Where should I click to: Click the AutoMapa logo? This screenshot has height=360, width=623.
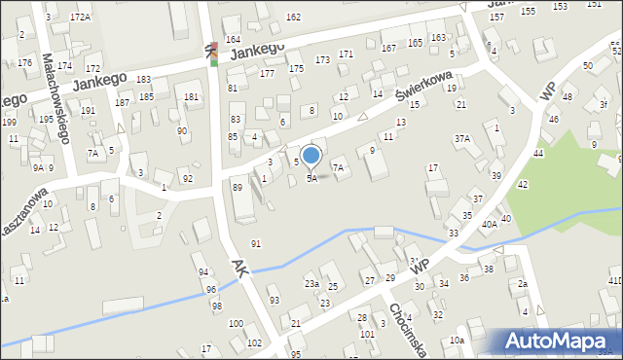tap(560, 341)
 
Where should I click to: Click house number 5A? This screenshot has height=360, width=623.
tap(311, 178)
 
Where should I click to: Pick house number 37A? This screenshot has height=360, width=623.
tap(461, 139)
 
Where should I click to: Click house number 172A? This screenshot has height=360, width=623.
tap(80, 18)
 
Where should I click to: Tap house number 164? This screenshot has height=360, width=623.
tap(233, 39)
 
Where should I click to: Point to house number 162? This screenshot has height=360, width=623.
tap(293, 18)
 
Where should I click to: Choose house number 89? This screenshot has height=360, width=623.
tap(237, 186)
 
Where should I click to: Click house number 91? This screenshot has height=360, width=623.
tap(256, 243)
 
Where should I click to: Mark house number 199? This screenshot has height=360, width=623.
tap(9, 122)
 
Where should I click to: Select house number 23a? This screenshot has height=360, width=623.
tap(311, 283)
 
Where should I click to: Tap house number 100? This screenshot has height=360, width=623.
tap(236, 323)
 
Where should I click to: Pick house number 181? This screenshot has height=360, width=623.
tap(192, 96)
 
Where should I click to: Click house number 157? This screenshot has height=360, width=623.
tap(496, 18)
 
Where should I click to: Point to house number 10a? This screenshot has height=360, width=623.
tap(457, 341)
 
